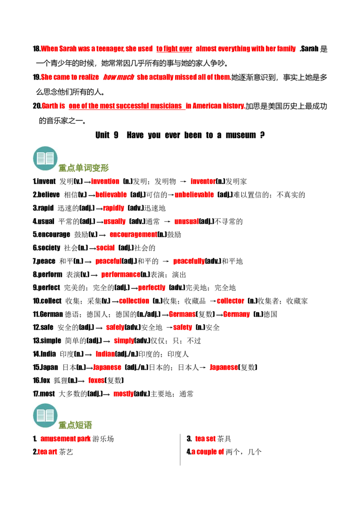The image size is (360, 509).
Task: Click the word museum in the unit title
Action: coord(240,135)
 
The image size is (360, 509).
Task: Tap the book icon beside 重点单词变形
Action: coord(45,158)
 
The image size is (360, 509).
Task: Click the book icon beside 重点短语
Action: coord(45,415)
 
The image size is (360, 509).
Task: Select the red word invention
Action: coord(105,182)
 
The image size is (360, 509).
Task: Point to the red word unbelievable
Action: coord(194,195)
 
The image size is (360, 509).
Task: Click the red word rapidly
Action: coord(113,208)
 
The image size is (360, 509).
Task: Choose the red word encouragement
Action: coord(133,234)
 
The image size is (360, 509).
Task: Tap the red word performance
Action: coord(121,275)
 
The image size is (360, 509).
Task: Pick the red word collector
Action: coord(230,301)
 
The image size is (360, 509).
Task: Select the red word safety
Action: coord(182,327)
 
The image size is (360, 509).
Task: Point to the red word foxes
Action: coord(96,380)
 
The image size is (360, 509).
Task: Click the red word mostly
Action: coord(123,394)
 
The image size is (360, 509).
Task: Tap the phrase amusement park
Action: coord(65,439)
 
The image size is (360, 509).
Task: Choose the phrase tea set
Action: coord(205,439)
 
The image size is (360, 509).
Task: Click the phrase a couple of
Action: coord(207,452)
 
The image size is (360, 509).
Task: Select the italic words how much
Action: coord(119,77)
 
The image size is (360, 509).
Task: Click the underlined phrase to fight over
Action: coord(174,49)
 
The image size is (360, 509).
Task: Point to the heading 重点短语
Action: coord(75,425)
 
